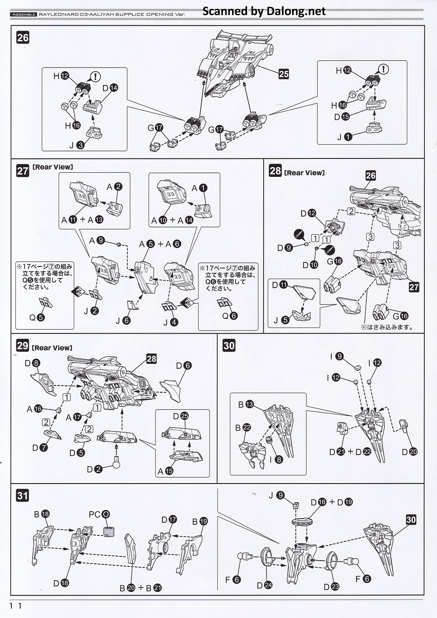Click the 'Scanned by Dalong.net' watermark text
(264, 11)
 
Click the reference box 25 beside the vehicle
(284, 74)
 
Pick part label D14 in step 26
(110, 88)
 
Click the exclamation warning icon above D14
(96, 77)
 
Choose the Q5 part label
(37, 318)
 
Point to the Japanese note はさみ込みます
(386, 327)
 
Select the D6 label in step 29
(184, 366)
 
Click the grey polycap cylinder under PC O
(109, 532)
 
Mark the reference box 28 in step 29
(151, 358)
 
